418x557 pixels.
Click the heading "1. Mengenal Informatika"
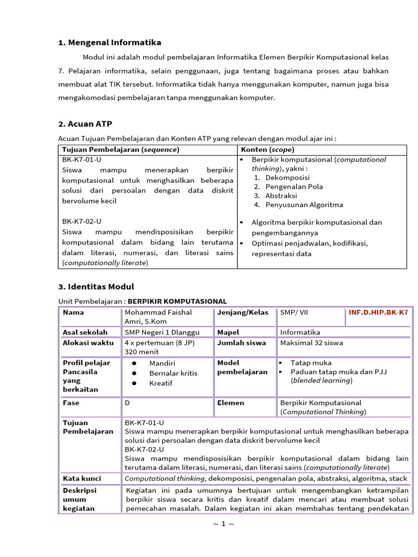coord(109,42)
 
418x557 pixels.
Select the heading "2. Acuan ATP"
coord(85,124)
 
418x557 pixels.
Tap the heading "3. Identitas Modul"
coord(96,287)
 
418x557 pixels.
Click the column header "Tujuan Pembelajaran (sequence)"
coord(120,149)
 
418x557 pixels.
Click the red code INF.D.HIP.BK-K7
coord(378,312)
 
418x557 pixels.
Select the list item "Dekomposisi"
coord(287,177)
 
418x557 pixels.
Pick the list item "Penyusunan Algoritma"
coord(304,205)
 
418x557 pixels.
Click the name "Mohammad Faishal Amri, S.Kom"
coord(158,317)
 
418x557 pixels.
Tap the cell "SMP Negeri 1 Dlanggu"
coord(162,332)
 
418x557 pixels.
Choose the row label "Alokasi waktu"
coord(88,343)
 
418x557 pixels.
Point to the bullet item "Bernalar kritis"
coord(173,373)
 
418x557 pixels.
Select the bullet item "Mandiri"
coord(162,363)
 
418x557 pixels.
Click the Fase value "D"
coord(127,403)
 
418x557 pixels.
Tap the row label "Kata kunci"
coord(83,478)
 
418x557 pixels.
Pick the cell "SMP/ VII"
coord(294,312)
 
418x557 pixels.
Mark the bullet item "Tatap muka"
coord(311,362)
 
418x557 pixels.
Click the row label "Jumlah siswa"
coord(242,343)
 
